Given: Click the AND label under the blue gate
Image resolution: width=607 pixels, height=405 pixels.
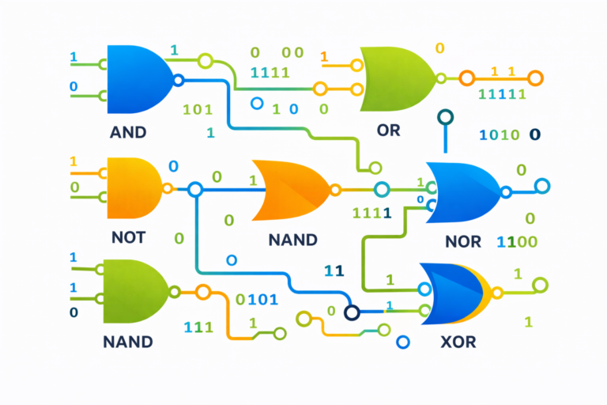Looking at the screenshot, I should (128, 132).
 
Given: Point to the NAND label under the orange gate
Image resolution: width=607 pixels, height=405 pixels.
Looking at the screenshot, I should (292, 239).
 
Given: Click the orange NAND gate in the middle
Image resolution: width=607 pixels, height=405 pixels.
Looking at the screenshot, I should (289, 190).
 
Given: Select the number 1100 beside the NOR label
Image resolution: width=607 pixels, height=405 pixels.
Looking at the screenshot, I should (517, 241).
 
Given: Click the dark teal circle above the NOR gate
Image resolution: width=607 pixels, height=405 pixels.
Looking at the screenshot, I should (446, 118).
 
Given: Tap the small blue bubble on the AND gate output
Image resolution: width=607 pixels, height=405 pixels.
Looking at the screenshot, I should (178, 80).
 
